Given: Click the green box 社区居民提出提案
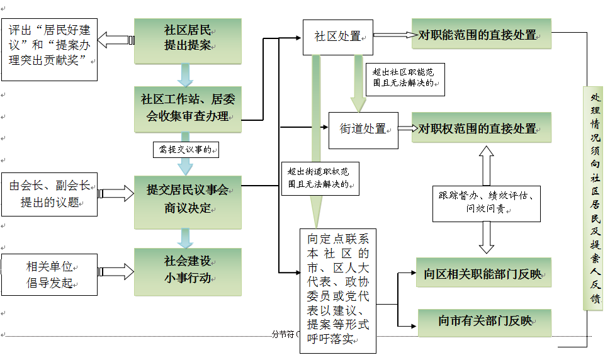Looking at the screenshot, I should click(188, 39).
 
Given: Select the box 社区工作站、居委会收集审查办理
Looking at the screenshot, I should click(188, 108).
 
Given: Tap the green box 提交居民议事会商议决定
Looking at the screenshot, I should click(188, 198).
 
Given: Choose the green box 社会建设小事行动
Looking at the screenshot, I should click(188, 269).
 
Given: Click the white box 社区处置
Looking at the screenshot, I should click(337, 37).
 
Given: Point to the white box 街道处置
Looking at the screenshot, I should click(363, 129).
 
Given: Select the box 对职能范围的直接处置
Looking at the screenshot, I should click(481, 35).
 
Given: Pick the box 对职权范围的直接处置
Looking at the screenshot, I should click(481, 128).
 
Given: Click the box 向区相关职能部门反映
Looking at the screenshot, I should click(483, 274).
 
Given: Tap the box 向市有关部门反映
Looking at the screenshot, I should click(483, 322).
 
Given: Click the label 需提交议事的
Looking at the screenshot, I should click(188, 150).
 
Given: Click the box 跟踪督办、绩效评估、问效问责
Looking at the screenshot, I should click(486, 203).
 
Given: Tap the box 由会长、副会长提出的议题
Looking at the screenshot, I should click(50, 194).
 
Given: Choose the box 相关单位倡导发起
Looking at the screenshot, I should click(50, 274).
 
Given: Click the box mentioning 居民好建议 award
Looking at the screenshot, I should click(50, 49).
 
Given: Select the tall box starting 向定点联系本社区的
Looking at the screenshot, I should click(338, 290).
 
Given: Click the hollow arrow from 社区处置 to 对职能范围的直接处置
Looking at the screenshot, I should click(393, 35).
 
